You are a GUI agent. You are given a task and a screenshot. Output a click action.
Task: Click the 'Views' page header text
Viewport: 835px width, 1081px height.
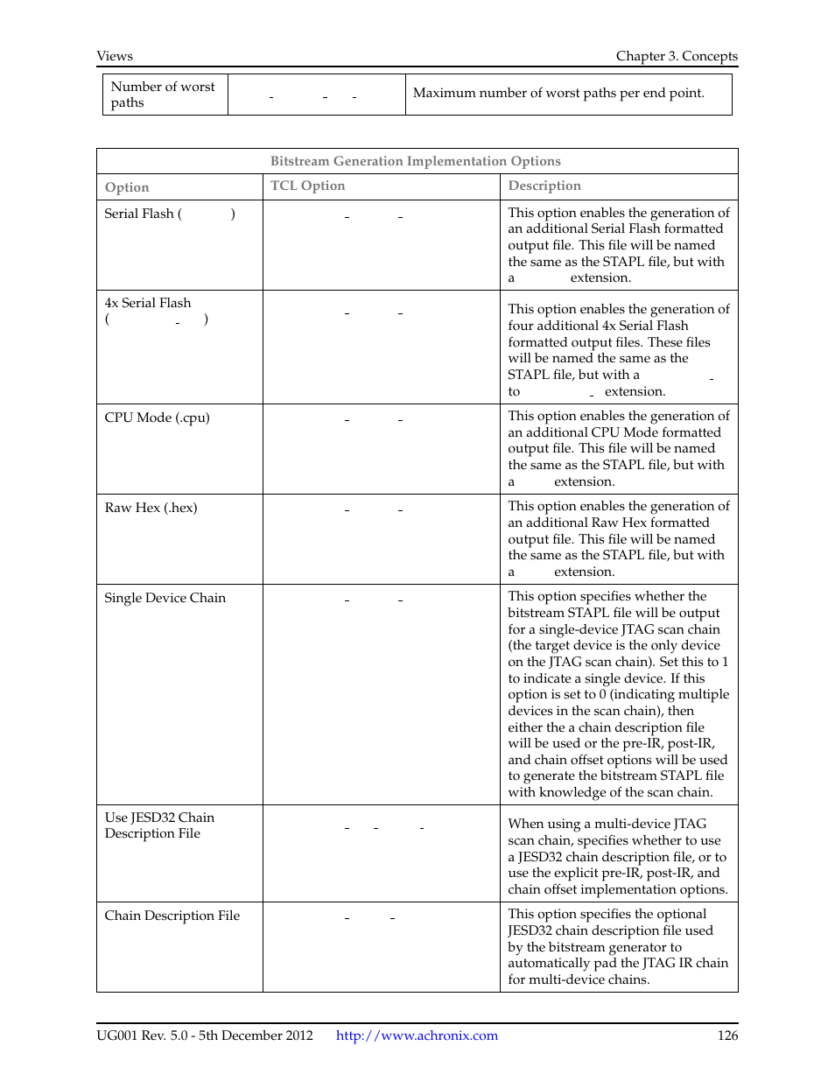pos(115,56)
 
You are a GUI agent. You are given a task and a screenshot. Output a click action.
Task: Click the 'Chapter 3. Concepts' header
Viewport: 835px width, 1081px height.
pos(676,56)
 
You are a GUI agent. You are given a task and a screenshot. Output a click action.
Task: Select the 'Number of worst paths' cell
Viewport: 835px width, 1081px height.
pos(163,95)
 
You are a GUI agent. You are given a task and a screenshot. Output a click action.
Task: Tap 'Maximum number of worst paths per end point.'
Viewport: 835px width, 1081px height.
pos(558,93)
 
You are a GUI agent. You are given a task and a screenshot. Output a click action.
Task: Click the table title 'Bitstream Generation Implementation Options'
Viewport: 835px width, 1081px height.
pos(415,161)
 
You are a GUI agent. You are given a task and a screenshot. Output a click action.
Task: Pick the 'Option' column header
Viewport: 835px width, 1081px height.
pos(127,187)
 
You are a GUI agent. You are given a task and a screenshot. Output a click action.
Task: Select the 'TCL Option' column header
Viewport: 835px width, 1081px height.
pos(307,186)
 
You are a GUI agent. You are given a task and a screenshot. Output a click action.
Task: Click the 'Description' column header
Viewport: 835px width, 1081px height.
pos(544,186)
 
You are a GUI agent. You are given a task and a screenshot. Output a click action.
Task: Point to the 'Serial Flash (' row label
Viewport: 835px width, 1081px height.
pos(143,214)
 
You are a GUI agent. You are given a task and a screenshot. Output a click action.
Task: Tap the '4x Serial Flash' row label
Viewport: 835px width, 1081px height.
pos(147,303)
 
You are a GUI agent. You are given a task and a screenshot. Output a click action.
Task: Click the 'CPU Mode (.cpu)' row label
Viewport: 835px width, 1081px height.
pos(157,418)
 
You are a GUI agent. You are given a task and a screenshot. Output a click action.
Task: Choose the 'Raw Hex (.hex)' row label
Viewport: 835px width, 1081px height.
pos(151,508)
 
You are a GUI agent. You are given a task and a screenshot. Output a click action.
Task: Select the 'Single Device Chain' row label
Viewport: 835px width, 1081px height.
pos(165,598)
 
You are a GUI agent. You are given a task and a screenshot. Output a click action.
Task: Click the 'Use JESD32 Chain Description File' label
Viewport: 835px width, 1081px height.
pos(158,825)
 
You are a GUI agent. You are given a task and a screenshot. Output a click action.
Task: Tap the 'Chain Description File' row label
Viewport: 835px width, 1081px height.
pos(172,916)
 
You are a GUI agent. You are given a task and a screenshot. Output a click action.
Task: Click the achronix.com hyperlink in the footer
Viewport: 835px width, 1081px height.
pos(417,1035)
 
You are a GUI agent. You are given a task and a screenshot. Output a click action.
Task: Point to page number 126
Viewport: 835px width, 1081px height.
pos(727,1035)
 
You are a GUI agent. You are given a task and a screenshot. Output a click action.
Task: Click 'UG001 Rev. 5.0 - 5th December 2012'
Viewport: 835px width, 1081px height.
pos(205,1035)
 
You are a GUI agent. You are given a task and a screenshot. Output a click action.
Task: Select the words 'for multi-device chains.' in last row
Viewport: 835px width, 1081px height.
pos(579,979)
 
